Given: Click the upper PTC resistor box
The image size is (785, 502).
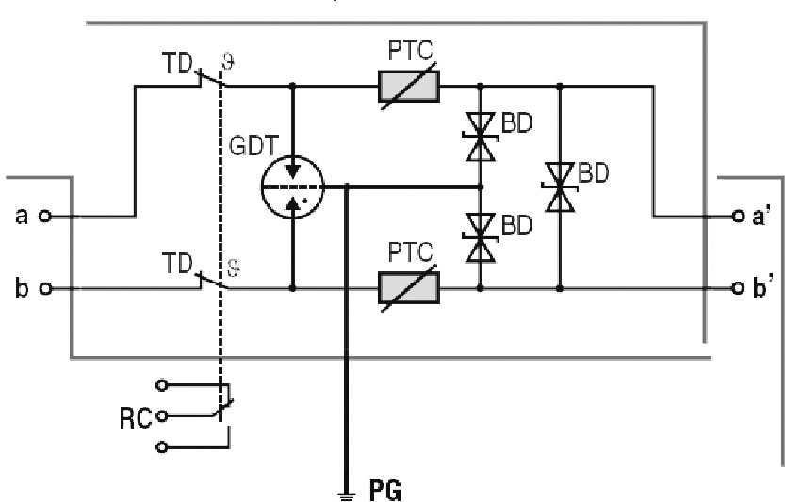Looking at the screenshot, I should [x=408, y=87].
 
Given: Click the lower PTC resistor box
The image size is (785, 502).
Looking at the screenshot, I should [x=408, y=285].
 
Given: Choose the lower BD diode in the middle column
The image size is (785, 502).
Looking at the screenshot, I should [x=482, y=237].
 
